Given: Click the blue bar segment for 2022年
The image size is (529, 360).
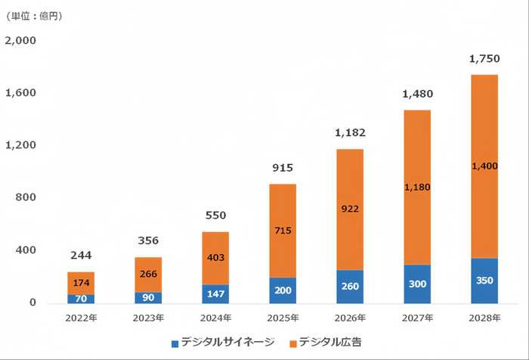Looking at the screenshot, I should [x=81, y=299].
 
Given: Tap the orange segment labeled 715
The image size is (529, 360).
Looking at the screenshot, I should [x=282, y=231].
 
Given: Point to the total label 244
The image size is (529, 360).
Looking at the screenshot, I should [x=81, y=256].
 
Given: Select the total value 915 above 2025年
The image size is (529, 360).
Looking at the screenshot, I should [x=282, y=168].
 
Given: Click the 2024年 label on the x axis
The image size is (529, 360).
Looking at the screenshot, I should [x=215, y=318].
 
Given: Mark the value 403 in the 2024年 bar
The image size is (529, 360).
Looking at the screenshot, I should [x=215, y=258].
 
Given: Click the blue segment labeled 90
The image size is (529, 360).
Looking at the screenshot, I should [x=148, y=297].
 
